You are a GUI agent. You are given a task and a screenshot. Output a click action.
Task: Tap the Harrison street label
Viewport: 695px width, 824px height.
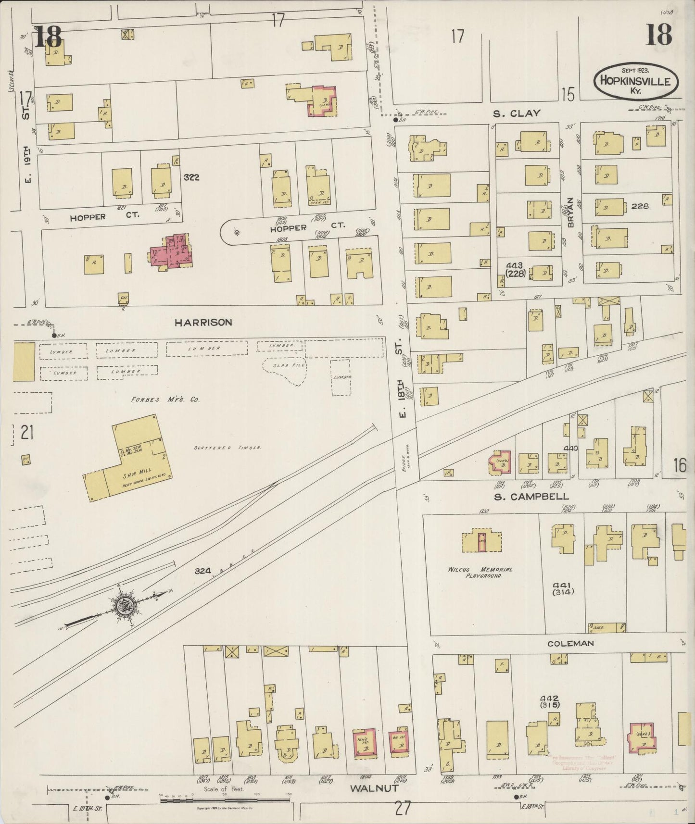[203, 323]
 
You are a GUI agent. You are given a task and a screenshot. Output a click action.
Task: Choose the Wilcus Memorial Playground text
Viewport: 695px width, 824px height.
[480, 572]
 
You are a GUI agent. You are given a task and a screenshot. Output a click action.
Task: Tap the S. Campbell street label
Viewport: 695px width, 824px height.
[531, 497]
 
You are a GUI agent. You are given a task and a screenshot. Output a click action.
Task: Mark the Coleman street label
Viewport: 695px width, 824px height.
[570, 643]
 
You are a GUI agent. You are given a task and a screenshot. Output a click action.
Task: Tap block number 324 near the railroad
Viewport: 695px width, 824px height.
[203, 571]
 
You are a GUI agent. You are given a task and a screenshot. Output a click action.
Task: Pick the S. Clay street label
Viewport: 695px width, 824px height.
[516, 113]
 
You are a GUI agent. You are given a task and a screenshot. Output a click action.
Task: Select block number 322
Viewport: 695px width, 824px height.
[191, 177]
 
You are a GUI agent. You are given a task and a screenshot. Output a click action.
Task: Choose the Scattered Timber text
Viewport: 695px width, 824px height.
[227, 448]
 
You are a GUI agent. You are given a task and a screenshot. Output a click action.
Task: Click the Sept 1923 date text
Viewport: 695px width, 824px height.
[635, 70]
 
